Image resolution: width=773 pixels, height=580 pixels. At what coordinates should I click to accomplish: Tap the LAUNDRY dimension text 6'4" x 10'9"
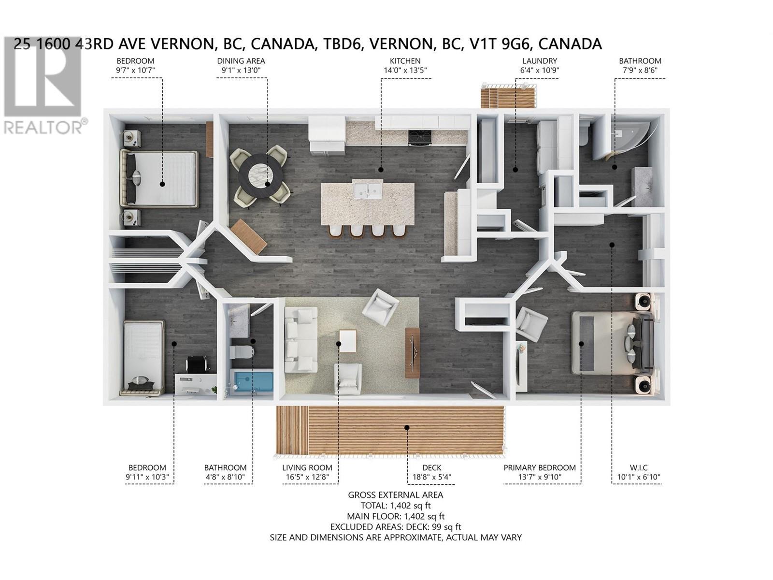pos(539,70)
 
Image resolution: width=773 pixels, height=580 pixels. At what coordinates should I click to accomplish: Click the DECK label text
pos(431,467)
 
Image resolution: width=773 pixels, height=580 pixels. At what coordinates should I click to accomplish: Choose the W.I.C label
pos(638,467)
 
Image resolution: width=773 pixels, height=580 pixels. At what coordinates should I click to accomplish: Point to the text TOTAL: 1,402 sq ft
pos(396,506)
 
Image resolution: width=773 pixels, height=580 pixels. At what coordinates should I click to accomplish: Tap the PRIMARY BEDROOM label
pos(539,467)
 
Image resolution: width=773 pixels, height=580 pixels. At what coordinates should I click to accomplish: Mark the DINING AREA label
pos(241,61)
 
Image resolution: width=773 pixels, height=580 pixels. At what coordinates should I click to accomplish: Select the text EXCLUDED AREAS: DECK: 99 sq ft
pos(396,527)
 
